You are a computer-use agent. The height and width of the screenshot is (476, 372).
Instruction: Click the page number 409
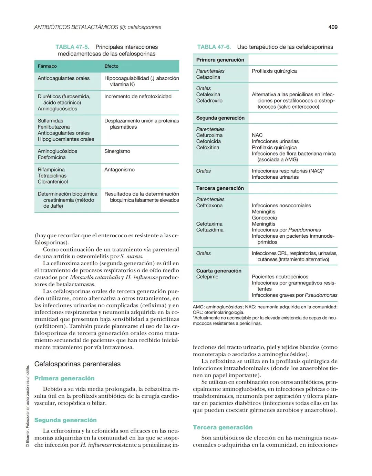(333, 27)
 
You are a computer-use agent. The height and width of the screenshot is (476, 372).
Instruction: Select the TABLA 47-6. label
(214, 47)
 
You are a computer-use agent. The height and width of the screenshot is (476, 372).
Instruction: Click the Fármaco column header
(47, 66)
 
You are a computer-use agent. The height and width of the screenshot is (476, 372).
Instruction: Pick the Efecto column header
(111, 66)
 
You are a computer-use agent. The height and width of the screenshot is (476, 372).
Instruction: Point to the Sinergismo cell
(117, 151)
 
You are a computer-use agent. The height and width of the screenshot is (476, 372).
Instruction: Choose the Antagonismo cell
(120, 169)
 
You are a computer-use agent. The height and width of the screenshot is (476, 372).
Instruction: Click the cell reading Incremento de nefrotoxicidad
(138, 96)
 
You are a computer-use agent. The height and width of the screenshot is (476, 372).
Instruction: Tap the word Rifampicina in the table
(51, 169)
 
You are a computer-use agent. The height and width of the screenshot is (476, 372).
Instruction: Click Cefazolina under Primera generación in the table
(208, 77)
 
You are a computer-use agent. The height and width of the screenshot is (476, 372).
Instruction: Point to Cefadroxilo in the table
(209, 101)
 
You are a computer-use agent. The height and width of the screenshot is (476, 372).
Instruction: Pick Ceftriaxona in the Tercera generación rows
(209, 206)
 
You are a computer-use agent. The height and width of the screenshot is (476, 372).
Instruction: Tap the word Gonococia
(264, 218)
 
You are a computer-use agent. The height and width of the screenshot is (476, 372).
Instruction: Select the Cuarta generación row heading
(219, 271)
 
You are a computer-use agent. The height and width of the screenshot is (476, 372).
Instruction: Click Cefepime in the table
(207, 277)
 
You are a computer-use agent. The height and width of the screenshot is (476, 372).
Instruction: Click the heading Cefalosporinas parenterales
(77, 364)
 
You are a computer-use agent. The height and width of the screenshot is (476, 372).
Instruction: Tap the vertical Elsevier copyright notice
(28, 407)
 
